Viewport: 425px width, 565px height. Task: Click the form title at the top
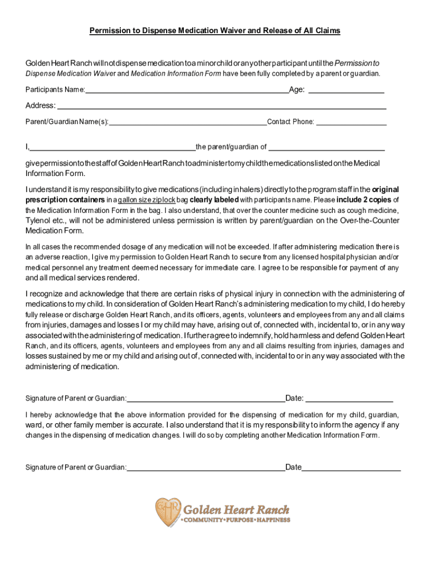[x=215, y=31]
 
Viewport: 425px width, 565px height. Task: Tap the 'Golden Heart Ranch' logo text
[x=236, y=509]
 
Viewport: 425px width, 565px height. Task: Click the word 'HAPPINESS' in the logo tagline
[x=270, y=520]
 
